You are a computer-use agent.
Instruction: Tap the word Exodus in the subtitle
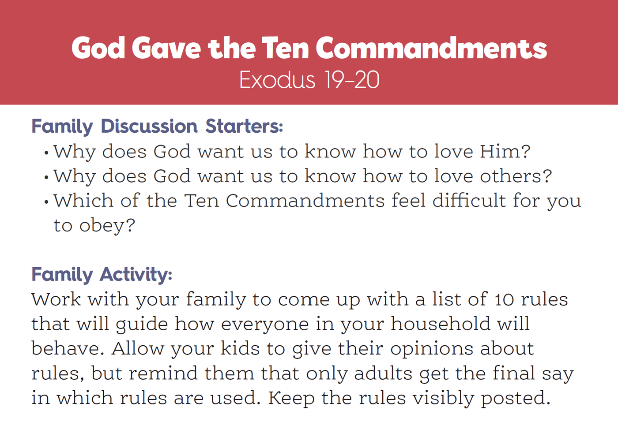[277, 80]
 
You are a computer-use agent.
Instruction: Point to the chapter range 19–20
[352, 80]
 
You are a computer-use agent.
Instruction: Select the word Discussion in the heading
[149, 126]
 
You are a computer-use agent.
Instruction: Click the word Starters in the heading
[244, 126]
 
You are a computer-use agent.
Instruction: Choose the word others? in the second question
[516, 176]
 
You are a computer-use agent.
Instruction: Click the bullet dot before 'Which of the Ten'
[46, 202]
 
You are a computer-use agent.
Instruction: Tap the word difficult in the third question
[469, 200]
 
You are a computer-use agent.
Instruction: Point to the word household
[441, 324]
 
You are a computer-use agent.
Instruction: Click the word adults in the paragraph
[383, 374]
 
